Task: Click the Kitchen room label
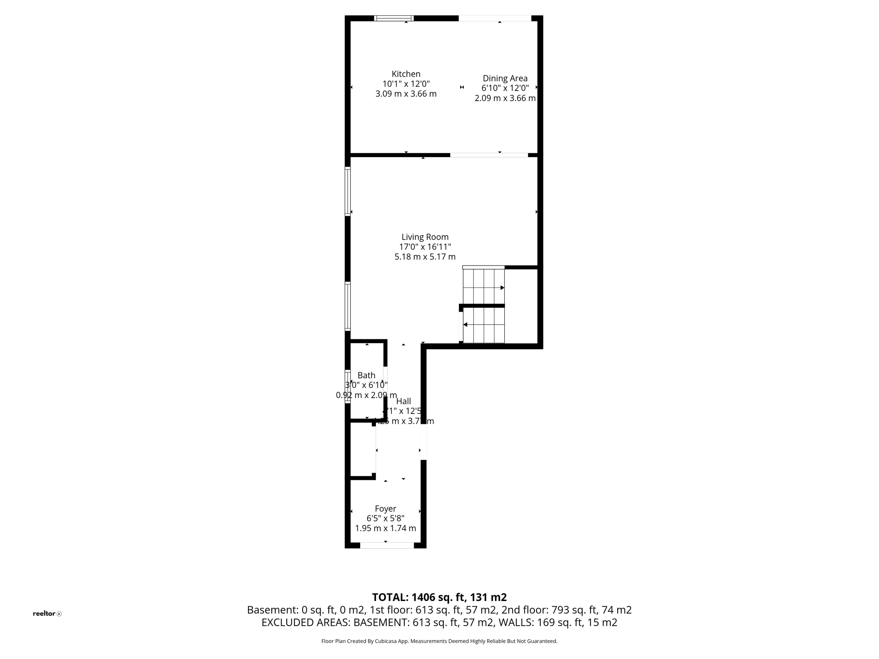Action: (406, 74)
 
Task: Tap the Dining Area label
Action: (505, 79)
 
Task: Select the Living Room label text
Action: (425, 237)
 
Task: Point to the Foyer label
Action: (385, 509)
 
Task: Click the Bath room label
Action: (366, 375)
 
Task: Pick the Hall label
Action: (403, 402)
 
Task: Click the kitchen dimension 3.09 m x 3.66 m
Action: (406, 94)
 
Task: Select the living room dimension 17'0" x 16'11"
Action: (425, 247)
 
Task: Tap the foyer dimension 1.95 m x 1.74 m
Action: (385, 528)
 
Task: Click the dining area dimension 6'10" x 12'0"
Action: (505, 88)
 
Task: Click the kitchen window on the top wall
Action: (394, 18)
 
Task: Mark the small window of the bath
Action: (348, 386)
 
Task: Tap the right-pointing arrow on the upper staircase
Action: (502, 288)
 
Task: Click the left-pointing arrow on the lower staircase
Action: (466, 324)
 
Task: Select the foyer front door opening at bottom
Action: (387, 545)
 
